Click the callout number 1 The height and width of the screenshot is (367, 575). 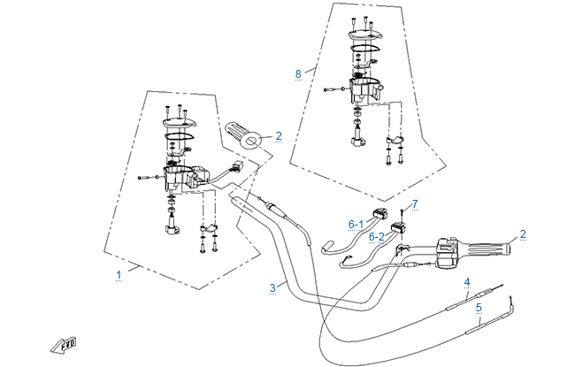tap(119, 275)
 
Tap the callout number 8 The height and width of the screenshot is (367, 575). tap(298, 74)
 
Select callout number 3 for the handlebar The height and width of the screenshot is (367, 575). tap(272, 288)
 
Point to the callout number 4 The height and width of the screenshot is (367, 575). tap(467, 282)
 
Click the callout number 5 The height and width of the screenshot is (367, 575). tap(479, 308)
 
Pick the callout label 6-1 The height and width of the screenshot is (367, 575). tap(356, 225)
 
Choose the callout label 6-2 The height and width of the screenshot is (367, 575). tap(376, 237)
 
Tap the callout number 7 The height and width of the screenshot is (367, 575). tap(415, 204)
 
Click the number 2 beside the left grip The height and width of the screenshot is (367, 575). tap(279, 136)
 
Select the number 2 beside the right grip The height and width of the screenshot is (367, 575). tap(523, 234)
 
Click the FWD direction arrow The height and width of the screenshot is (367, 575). tap(64, 345)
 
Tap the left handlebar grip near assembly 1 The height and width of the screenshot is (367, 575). tap(242, 135)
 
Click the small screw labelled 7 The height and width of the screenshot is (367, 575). tap(402, 215)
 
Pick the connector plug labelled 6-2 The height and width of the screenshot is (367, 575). tap(399, 227)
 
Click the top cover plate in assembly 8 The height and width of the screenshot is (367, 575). tap(364, 35)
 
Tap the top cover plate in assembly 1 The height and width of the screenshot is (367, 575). tap(180, 124)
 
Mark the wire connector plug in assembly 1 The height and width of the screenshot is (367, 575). tap(236, 166)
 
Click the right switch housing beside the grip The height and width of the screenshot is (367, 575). tap(448, 253)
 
